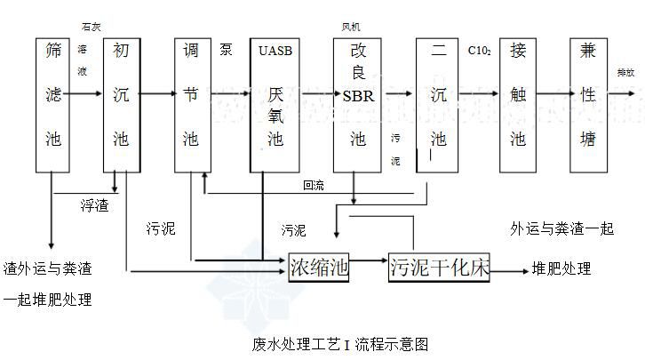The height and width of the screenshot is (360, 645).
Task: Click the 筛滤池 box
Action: pyautogui.click(x=52, y=104)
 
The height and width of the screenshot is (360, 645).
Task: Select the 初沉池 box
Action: pyautogui.click(x=122, y=104)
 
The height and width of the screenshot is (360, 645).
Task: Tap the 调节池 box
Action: pyautogui.click(x=191, y=104)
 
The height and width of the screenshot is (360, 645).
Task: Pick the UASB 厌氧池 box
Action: pyautogui.click(x=275, y=104)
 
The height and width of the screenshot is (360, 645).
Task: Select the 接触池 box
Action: pyautogui.click(x=518, y=104)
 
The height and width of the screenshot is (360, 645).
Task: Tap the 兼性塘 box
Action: pyautogui.click(x=587, y=104)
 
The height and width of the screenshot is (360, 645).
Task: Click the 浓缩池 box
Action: pyautogui.click(x=319, y=267)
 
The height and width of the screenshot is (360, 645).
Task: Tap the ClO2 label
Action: pyautogui.click(x=481, y=51)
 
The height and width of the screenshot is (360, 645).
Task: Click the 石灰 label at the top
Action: pyautogui.click(x=92, y=28)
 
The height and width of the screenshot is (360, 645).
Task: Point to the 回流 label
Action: pyautogui.click(x=313, y=186)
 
